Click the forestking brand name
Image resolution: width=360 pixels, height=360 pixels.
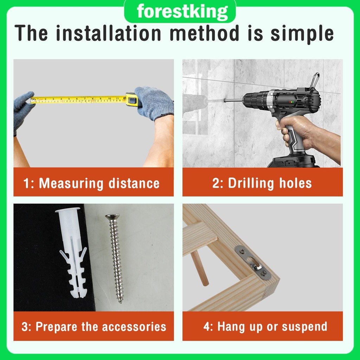point(182,12)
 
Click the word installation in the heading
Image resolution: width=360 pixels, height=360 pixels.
point(108,33)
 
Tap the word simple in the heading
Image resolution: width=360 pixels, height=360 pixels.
point(302,34)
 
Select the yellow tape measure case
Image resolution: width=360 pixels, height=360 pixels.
point(132,99)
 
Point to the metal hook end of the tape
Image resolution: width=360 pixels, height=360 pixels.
point(33,101)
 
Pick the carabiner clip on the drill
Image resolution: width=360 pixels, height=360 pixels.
point(315,81)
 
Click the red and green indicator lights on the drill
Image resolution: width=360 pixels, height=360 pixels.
point(291,102)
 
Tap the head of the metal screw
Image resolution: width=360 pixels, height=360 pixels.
point(112,217)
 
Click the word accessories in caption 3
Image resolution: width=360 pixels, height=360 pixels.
point(134,327)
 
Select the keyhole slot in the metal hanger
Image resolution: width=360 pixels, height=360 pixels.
point(255,263)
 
